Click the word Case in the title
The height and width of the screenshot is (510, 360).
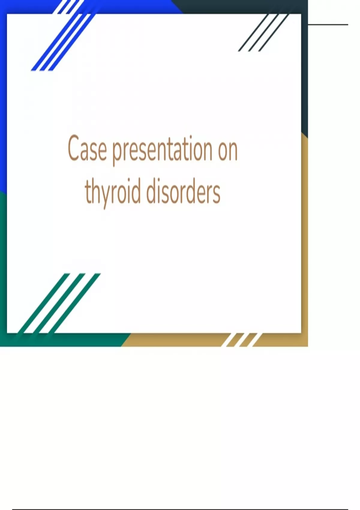pos(87,148)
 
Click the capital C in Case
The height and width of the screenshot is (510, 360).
pos(74,148)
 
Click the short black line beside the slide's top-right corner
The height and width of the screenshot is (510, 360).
pos(328,24)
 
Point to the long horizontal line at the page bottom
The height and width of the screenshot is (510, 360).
pos(180,509)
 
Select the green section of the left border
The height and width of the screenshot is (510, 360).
pos(3,269)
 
